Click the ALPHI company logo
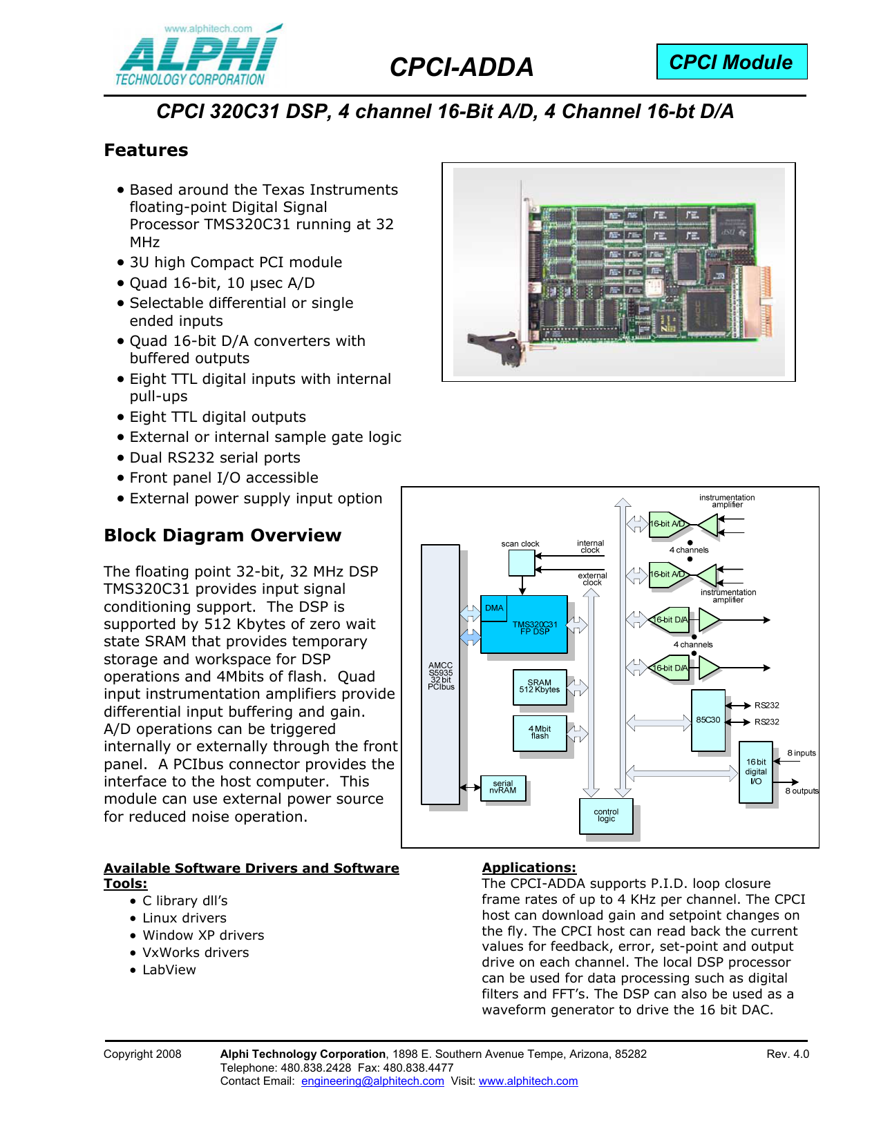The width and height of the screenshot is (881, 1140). tap(198, 55)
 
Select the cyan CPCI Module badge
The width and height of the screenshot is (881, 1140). tap(731, 62)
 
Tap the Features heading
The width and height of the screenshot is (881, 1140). tap(146, 150)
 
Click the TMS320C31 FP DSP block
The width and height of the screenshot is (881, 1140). tap(524, 624)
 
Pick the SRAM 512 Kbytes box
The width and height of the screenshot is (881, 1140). tap(539, 687)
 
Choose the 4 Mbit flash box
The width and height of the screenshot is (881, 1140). tap(539, 733)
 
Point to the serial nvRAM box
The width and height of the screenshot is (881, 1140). tap(502, 787)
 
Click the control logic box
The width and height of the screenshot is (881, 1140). tap(606, 815)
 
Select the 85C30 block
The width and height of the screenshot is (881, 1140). tap(708, 720)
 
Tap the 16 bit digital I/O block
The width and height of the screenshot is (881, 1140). tap(755, 772)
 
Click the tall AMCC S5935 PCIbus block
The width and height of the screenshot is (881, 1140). tap(440, 675)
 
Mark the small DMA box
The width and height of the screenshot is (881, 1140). tap(493, 608)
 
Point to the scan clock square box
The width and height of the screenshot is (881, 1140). tap(522, 563)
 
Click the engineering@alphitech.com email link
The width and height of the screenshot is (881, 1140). tap(372, 1081)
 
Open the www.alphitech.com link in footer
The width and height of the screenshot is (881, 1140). tap(528, 1081)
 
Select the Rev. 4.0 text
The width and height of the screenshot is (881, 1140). tap(788, 1054)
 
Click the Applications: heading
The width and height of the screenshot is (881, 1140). tap(529, 867)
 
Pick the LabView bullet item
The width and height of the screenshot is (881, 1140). tap(169, 969)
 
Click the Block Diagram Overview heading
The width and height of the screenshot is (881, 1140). tap(222, 535)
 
